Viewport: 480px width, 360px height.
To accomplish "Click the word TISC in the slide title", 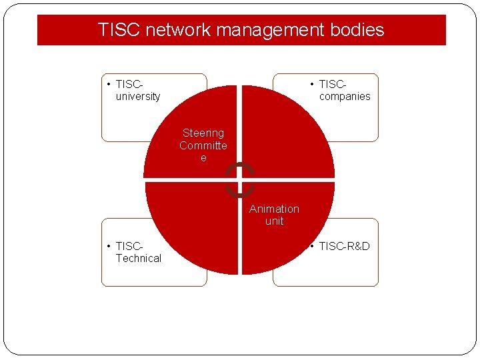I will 119,30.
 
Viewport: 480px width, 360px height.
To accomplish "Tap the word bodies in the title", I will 361,30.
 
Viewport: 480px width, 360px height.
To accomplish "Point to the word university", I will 138,97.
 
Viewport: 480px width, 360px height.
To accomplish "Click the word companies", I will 345,97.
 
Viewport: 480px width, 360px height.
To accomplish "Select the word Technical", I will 139,259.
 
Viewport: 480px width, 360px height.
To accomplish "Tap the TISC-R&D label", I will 344,247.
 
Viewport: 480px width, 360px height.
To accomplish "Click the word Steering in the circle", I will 203,133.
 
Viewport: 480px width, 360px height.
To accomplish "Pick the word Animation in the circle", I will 274,209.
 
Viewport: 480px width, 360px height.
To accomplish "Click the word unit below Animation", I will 274,221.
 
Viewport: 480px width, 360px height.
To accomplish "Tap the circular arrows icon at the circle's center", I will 239,180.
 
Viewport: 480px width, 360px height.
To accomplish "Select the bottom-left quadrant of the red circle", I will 193,227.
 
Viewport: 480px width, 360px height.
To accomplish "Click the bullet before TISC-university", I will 109,85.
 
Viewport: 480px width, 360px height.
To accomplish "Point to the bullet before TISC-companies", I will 312,85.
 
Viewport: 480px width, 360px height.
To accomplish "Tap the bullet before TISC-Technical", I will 109,247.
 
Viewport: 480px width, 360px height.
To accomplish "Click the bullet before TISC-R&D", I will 312,247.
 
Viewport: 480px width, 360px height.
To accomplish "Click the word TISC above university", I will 129,85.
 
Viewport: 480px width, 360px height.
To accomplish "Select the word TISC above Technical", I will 129,247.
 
